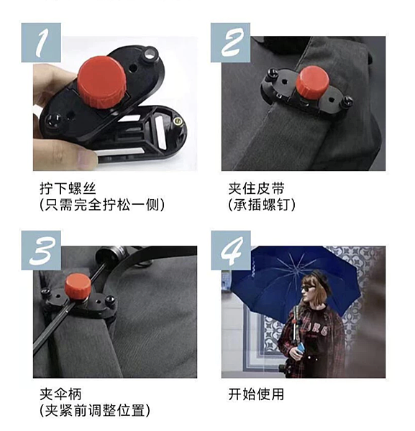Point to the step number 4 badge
pos(230,251)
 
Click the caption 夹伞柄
pos(61,394)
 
